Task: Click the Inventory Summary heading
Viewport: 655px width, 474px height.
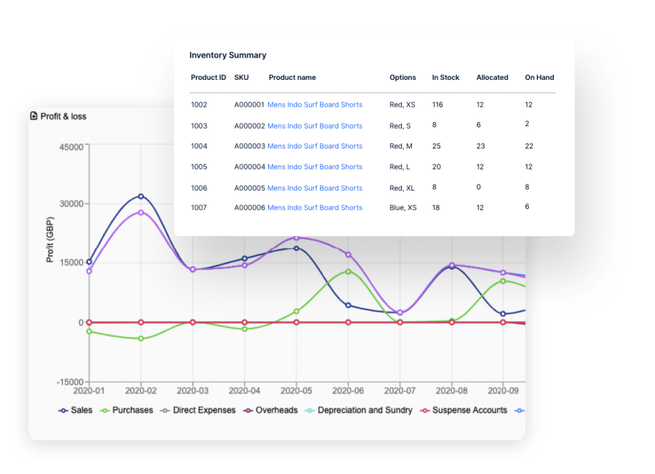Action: [x=228, y=56]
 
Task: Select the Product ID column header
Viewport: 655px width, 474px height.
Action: [x=208, y=77]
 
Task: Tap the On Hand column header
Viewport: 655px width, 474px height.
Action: [x=539, y=77]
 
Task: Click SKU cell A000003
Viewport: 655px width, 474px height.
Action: [x=249, y=146]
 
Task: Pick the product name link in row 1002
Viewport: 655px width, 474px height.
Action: [x=315, y=105]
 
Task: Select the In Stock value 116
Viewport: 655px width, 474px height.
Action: [x=438, y=105]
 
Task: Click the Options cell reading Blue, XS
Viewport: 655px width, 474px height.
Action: [x=403, y=208]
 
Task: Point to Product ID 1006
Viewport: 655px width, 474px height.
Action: [x=199, y=188]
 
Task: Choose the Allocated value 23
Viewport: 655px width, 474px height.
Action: [x=480, y=146]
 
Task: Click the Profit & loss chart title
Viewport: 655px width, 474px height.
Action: [x=63, y=116]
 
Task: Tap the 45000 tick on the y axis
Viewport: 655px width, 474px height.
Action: [x=71, y=146]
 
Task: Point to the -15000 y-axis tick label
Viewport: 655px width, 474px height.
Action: [x=69, y=383]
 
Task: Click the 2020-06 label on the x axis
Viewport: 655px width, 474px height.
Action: [x=348, y=390]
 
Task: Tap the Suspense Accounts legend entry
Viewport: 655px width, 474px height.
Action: [x=464, y=410]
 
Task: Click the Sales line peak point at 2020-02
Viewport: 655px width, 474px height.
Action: [x=141, y=196]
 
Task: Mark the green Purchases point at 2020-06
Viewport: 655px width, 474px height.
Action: [x=348, y=271]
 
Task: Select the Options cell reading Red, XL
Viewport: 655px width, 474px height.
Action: [x=402, y=188]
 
